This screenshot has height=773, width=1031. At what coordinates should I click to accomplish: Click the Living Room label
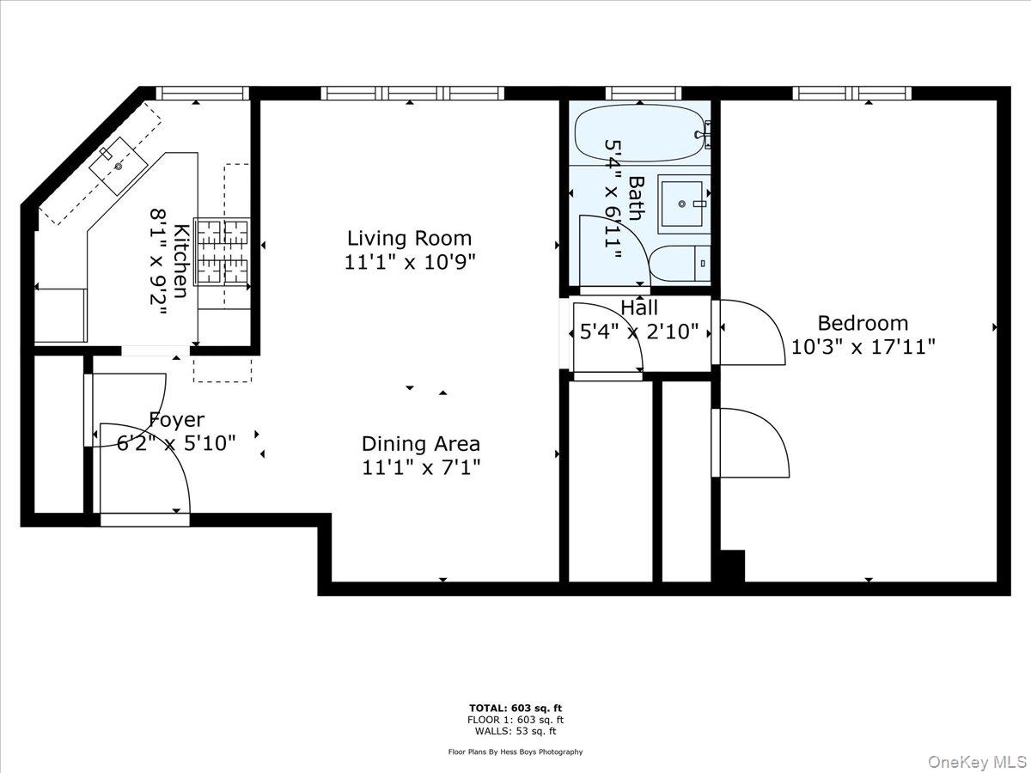tap(409, 239)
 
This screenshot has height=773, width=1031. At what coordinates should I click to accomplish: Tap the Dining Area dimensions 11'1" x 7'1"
tap(421, 467)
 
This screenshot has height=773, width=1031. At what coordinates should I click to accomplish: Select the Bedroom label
tap(863, 324)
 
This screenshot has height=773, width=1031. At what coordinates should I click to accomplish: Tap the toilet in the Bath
tap(680, 264)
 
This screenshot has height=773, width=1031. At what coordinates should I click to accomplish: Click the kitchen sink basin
tap(119, 166)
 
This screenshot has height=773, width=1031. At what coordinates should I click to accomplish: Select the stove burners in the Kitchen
tap(223, 252)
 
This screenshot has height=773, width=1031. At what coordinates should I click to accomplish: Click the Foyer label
tap(177, 420)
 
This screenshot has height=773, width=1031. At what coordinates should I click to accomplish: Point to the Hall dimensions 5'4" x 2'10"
tap(639, 332)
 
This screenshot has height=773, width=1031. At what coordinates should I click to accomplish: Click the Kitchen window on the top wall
tap(203, 93)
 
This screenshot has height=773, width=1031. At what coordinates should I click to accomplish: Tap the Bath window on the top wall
tap(643, 93)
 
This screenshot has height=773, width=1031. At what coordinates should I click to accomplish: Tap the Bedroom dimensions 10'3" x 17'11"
tap(863, 347)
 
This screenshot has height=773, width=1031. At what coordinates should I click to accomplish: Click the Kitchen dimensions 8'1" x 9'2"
tap(158, 263)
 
